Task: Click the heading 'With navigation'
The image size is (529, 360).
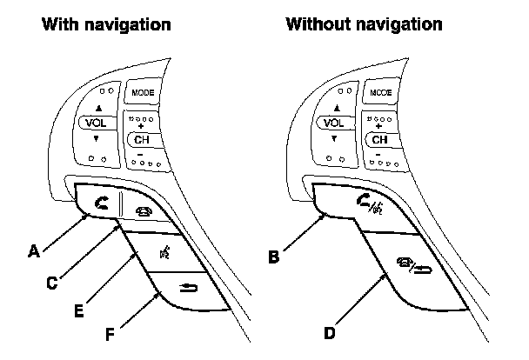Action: [106, 24]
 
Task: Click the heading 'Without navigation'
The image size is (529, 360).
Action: [363, 24]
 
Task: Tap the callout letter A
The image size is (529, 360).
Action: [34, 252]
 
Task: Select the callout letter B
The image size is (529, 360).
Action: [273, 257]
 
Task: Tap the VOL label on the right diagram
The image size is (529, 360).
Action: [332, 123]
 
